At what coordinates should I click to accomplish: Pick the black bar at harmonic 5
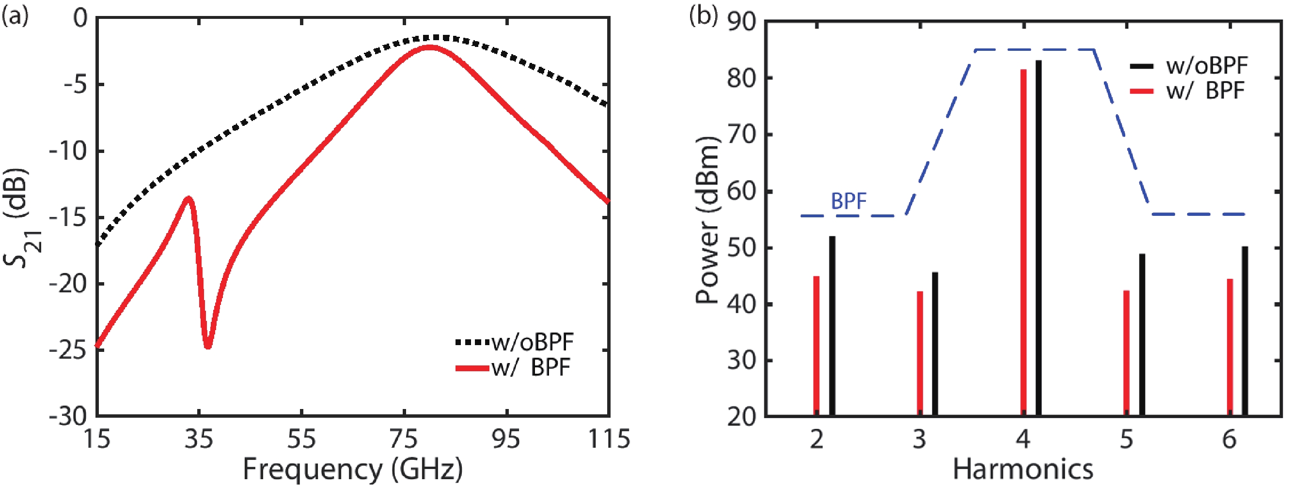tap(1142, 335)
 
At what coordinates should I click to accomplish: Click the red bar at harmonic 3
tap(920, 353)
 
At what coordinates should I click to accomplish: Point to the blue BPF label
tap(849, 201)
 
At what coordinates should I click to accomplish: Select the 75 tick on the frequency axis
tap(404, 440)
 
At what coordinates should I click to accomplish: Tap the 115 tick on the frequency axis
tap(609, 440)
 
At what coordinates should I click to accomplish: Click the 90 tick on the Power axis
tap(743, 22)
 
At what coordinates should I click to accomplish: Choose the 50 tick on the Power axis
tap(743, 248)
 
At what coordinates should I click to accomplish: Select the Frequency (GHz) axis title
tap(353, 469)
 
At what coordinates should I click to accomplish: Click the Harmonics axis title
tap(1023, 469)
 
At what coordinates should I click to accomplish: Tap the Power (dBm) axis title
tap(707, 220)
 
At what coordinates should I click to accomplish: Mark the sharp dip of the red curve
tap(208, 346)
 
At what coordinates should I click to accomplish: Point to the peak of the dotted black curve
tap(438, 37)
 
